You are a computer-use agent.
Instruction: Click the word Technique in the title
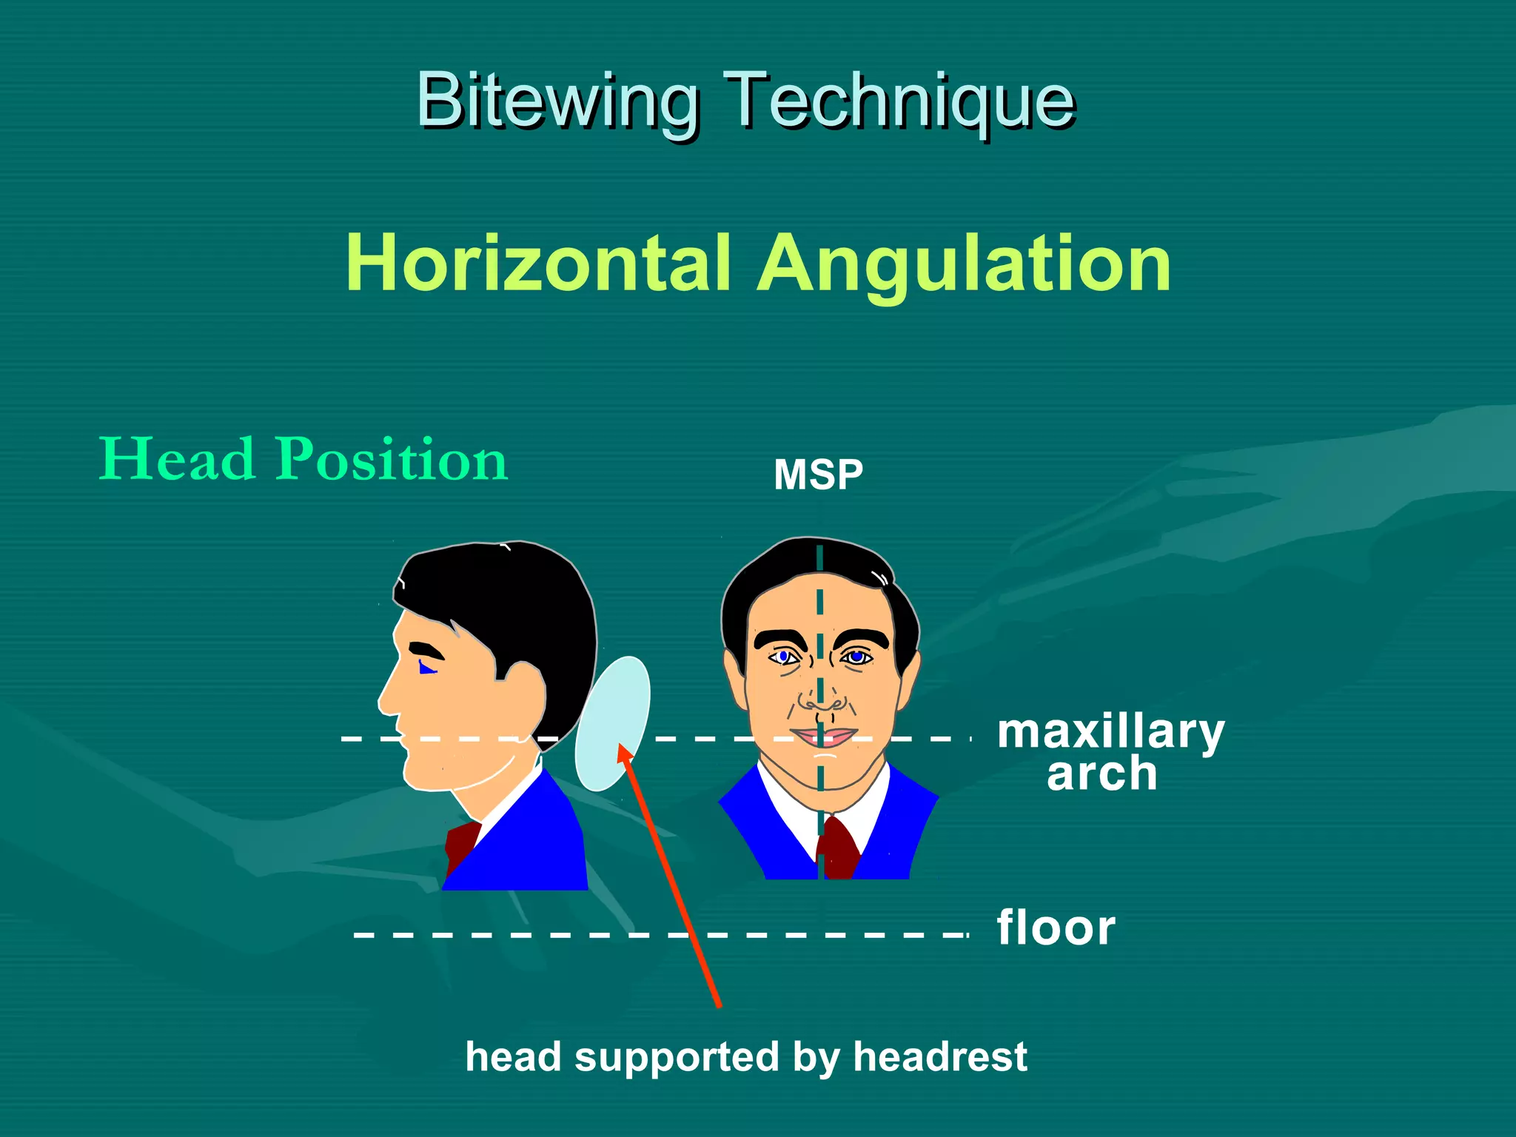[899, 101]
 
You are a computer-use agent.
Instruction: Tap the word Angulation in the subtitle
[964, 265]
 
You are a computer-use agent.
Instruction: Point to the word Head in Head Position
[178, 459]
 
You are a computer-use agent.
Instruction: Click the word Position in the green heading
[392, 460]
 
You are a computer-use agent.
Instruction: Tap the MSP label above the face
[818, 474]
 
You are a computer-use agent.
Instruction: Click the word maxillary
[1110, 733]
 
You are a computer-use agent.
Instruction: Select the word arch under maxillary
[1101, 774]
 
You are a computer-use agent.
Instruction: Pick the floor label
[1056, 928]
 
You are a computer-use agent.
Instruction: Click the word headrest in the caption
[940, 1056]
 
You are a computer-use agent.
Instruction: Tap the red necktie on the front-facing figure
[838, 848]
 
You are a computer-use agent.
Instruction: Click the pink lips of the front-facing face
[823, 737]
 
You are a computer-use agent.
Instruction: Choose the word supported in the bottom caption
[677, 1056]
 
